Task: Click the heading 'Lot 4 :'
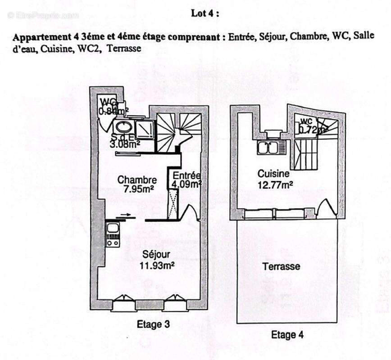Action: pos(205,13)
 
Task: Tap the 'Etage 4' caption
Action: pos(287,335)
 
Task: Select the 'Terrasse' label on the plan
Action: pos(281,266)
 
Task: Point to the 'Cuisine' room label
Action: pos(273,173)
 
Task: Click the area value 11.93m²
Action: pos(157,265)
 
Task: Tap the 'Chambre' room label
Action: pos(137,180)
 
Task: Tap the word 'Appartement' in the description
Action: pos(36,37)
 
